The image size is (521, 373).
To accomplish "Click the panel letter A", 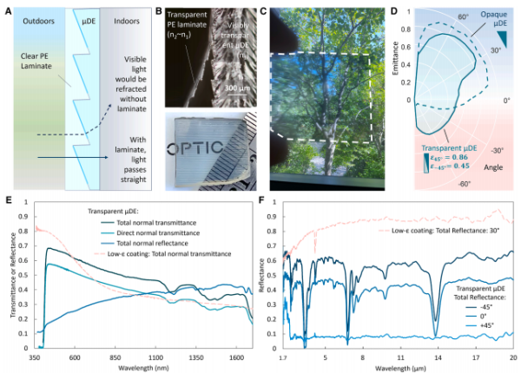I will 8,9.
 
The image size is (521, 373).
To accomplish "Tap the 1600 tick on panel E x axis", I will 240,357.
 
